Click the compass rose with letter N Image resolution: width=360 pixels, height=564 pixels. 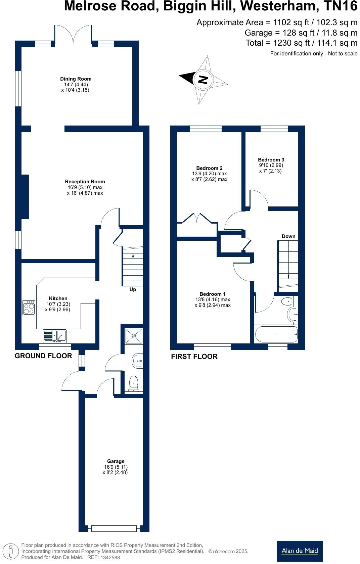coord(203,80)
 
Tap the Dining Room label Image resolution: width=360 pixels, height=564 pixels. coord(76,79)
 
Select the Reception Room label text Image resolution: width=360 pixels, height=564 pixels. coord(85,182)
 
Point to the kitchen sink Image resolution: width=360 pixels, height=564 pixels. coord(55,335)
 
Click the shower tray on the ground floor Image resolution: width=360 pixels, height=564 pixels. coord(134,336)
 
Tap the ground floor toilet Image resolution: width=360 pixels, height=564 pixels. coord(134,383)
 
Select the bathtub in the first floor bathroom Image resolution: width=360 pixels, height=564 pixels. coord(276,334)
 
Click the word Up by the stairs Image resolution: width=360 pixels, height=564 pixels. coord(133,289)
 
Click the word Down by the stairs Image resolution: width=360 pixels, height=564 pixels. coord(288,236)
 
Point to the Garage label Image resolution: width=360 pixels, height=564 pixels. coord(116,461)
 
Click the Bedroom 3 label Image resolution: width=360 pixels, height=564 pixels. coord(271,160)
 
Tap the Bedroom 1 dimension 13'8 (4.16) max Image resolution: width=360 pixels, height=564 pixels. coord(213,299)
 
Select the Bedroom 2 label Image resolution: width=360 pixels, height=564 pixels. coord(209,168)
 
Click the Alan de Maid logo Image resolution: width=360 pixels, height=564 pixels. coord(300,551)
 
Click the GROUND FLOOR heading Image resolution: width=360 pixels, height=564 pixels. coord(43,356)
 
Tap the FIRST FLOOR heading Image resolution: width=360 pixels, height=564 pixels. coord(194,357)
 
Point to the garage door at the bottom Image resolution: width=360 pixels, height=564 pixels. coord(114,528)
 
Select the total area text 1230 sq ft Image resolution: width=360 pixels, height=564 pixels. coord(301,43)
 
